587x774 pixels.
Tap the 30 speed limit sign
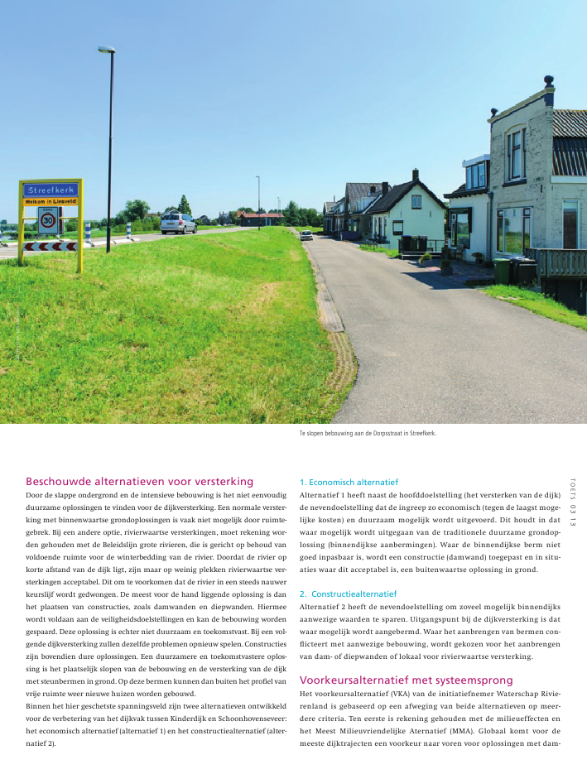(x=48, y=220)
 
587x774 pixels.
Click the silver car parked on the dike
(x=178, y=223)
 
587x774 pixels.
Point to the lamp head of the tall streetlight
(x=106, y=50)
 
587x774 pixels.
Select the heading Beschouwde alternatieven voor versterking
(x=139, y=481)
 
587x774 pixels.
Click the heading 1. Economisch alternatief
(x=349, y=482)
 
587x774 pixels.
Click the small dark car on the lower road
(x=306, y=235)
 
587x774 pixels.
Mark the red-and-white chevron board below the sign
(x=50, y=246)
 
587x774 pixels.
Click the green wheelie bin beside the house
(x=502, y=271)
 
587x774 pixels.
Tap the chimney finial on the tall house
(x=548, y=81)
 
